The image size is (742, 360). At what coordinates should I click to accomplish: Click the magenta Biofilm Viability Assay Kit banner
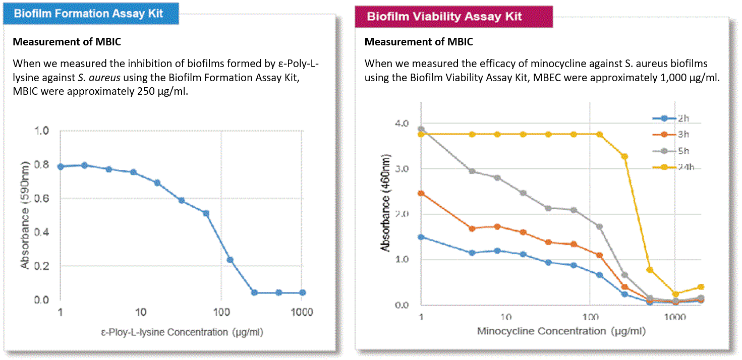click(444, 17)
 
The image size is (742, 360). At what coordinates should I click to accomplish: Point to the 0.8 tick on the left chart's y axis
click(42, 165)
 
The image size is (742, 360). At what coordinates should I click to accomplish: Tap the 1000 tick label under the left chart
click(302, 312)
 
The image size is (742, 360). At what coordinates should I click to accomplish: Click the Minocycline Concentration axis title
click(561, 331)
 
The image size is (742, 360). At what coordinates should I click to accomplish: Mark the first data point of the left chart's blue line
click(61, 166)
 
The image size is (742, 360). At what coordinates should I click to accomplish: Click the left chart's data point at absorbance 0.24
click(230, 260)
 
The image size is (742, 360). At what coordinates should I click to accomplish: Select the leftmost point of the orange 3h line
click(421, 193)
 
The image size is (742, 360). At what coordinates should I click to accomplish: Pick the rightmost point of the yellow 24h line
click(701, 287)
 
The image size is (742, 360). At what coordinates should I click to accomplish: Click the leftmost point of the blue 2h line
click(421, 237)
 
